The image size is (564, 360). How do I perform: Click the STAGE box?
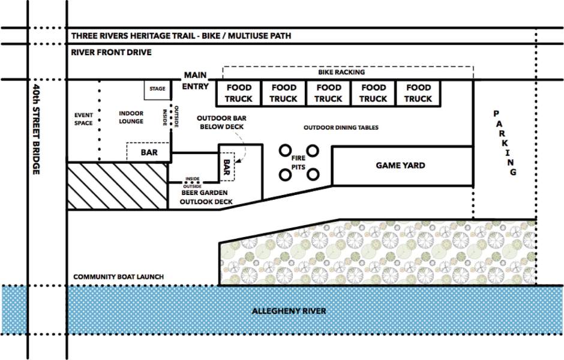[157, 89]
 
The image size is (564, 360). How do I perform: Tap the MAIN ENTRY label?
[195, 81]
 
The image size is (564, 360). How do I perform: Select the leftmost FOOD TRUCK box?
[238, 93]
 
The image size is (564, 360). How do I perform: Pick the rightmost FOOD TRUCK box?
[418, 93]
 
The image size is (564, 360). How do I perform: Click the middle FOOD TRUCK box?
[328, 93]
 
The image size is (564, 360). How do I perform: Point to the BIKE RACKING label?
[341, 72]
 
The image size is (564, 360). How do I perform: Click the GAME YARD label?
[400, 165]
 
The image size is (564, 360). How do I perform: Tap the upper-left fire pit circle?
[285, 151]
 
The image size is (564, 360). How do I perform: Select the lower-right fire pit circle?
[313, 175]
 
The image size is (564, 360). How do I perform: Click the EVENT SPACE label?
[83, 119]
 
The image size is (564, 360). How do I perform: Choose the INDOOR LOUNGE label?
[131, 117]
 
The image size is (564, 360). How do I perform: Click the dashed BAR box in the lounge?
[149, 152]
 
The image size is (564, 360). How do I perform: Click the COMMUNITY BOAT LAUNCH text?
[118, 277]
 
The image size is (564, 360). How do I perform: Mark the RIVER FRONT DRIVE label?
[111, 52]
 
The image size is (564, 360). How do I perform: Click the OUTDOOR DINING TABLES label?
[341, 127]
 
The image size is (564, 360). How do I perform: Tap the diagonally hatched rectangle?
[116, 185]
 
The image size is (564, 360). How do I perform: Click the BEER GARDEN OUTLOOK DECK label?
[206, 197]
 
